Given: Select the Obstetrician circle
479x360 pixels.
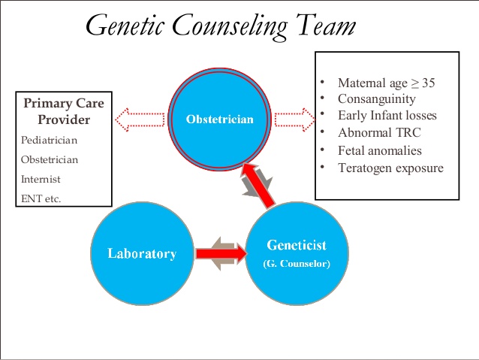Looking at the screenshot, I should click(x=220, y=118).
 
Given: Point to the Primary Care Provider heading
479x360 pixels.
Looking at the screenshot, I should click(x=64, y=111).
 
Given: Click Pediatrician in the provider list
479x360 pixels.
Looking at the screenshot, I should click(x=50, y=140).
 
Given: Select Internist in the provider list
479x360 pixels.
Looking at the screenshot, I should click(x=41, y=180).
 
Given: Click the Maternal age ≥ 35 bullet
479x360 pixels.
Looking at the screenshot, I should click(x=386, y=83).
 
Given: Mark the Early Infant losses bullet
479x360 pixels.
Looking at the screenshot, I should click(x=387, y=116).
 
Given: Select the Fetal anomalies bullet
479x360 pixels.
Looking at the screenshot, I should click(x=379, y=150).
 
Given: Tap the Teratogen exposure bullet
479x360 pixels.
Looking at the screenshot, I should click(x=390, y=168).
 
